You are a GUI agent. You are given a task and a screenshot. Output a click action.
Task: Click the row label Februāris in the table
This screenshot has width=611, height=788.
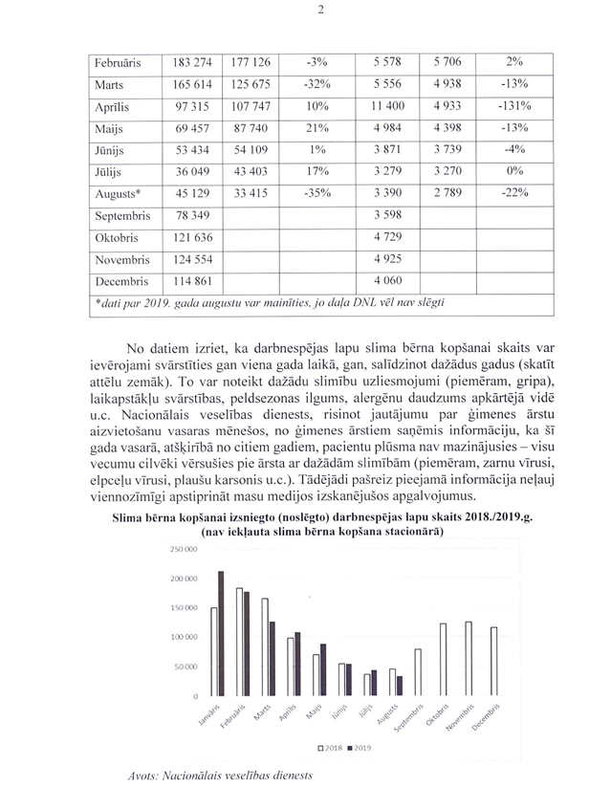pyautogui.click(x=118, y=63)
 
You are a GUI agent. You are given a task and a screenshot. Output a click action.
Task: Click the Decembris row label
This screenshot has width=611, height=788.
pyautogui.click(x=121, y=282)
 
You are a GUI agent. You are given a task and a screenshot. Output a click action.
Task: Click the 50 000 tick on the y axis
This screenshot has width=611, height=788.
pyautogui.click(x=185, y=667)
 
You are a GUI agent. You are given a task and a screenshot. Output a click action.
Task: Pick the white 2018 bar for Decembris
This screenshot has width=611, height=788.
pyautogui.click(x=494, y=662)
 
